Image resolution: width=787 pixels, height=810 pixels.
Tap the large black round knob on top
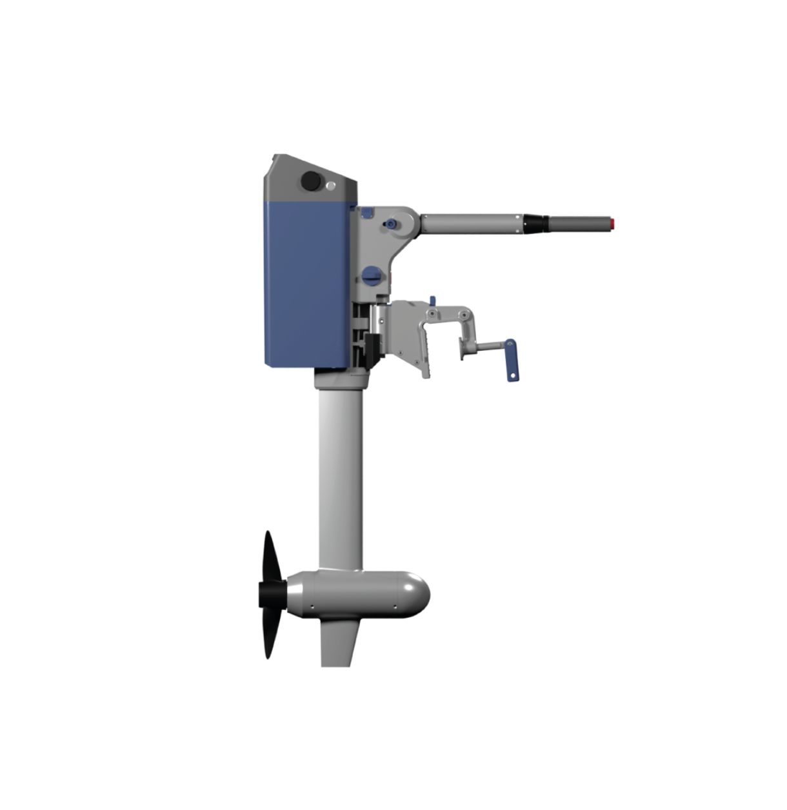coord(312,181)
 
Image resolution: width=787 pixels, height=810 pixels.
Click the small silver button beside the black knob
coord(331,186)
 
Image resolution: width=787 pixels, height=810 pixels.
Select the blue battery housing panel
coord(306,284)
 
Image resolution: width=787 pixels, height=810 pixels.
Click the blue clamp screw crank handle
coord(510,359)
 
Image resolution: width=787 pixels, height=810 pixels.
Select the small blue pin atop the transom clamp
coord(432,301)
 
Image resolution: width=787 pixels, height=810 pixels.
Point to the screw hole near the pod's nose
coord(395,606)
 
